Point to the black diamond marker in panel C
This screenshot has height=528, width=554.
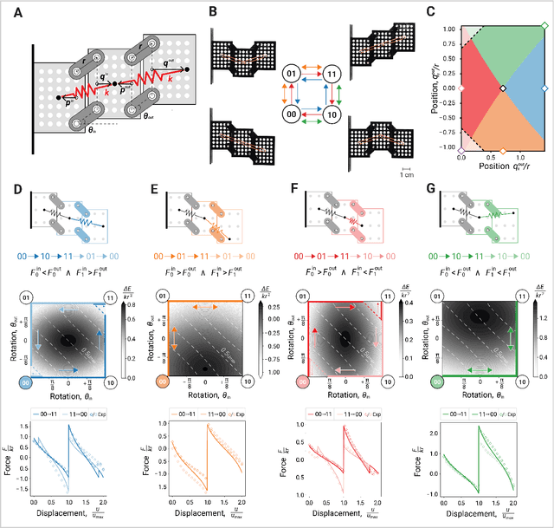click(x=502, y=88)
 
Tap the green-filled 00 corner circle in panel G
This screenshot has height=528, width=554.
click(x=437, y=381)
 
